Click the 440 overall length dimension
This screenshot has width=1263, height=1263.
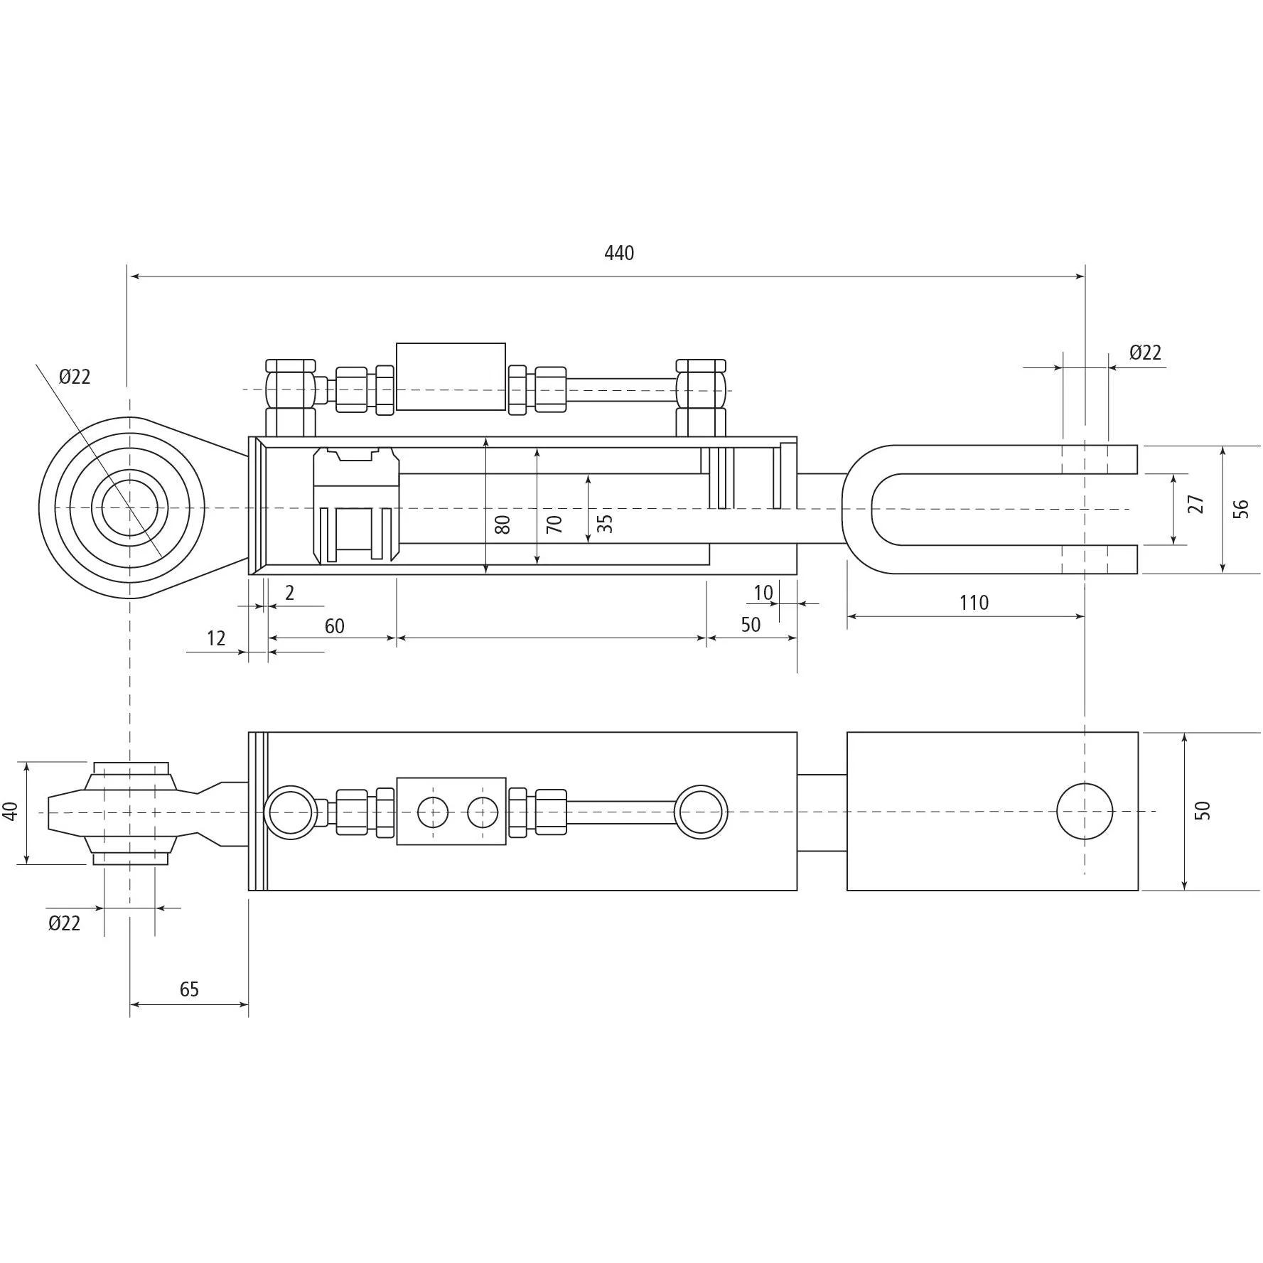tap(618, 253)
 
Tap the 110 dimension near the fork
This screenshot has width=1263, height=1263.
tap(973, 603)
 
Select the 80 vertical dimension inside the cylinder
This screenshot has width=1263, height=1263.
tap(502, 525)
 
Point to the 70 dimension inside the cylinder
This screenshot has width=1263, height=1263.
tap(554, 525)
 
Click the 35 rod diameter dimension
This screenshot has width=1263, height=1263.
tap(604, 524)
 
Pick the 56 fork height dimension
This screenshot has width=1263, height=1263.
tap(1240, 509)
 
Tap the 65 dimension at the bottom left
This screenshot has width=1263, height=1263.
tap(189, 989)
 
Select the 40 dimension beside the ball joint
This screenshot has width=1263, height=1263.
tap(10, 811)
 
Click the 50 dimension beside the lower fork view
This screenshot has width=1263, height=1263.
tap(1202, 810)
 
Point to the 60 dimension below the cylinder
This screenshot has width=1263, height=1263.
tap(334, 626)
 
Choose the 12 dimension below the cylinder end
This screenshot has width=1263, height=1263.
tap(216, 638)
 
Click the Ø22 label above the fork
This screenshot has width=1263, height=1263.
tap(1145, 353)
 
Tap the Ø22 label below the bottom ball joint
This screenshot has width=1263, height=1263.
tap(64, 923)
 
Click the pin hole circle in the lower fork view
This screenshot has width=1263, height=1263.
tap(1085, 811)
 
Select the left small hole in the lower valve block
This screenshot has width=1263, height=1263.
tap(433, 812)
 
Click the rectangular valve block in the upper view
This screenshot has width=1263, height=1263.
tap(451, 377)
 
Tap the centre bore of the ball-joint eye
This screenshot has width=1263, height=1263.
tap(129, 508)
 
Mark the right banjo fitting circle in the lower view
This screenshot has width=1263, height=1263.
tap(701, 812)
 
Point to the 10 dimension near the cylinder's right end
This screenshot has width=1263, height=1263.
tap(763, 593)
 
